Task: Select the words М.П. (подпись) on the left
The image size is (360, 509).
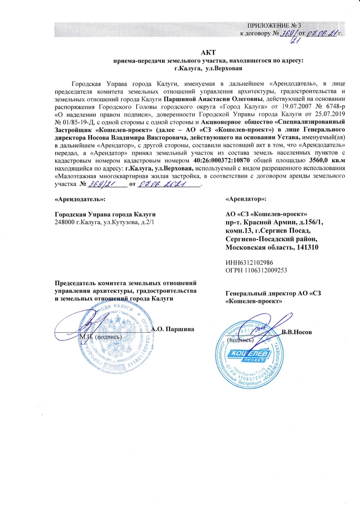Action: coord(100,337)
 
